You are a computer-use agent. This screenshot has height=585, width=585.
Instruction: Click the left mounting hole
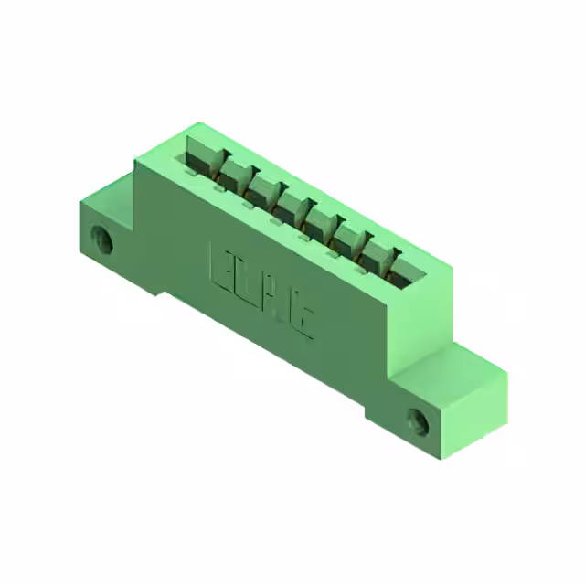[x=105, y=242]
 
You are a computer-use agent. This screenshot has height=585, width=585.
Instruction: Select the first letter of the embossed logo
[x=222, y=265]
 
